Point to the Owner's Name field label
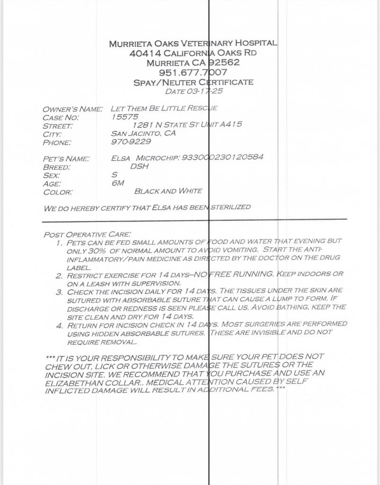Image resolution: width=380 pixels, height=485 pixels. coord(72,109)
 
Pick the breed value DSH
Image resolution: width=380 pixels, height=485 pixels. coord(139,166)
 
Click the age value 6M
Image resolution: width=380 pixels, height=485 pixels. coord(118,183)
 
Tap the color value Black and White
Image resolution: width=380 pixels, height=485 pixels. coord(168,191)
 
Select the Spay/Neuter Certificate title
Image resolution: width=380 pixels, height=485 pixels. coord(193,82)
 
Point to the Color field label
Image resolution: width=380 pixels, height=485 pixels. coord(58,192)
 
